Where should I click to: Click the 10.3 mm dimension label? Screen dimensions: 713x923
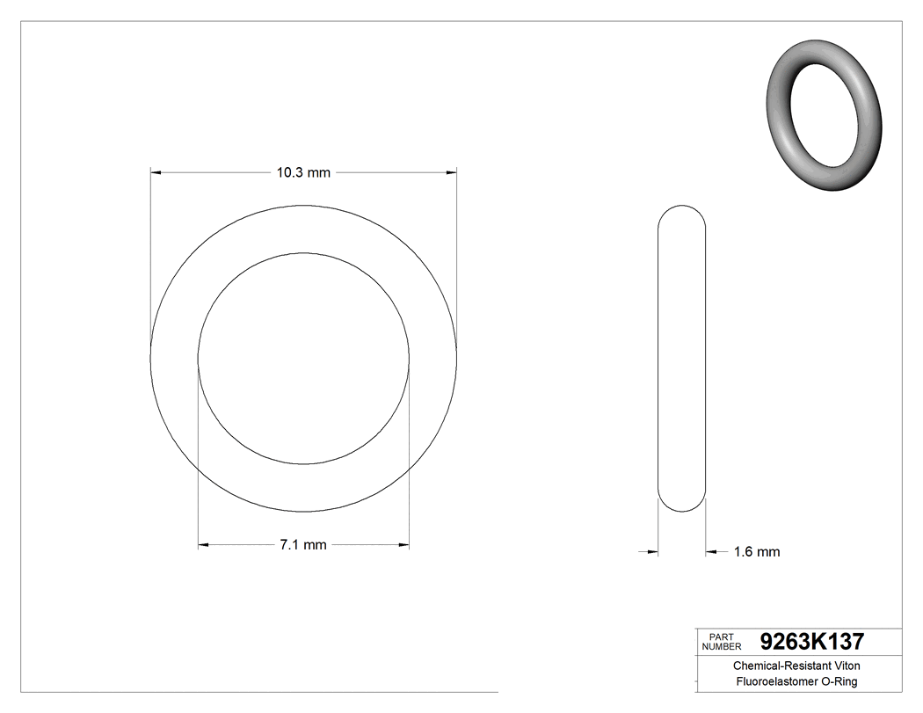tap(303, 173)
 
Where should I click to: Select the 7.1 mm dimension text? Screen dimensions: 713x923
tap(303, 545)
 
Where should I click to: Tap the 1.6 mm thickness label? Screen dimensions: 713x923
tap(757, 552)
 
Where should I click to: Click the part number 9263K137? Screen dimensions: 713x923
tap(811, 642)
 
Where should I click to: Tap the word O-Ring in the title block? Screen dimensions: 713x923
tap(839, 682)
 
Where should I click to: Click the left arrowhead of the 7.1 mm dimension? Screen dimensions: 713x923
tap(204, 545)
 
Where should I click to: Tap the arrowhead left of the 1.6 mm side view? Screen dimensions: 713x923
tap(653, 552)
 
